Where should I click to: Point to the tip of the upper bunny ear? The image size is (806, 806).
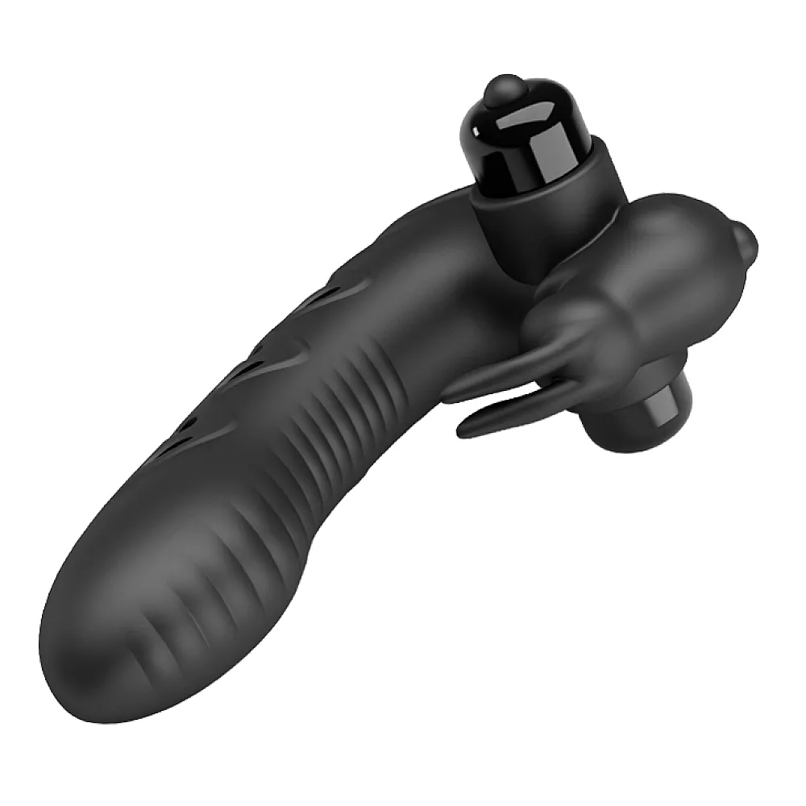[x=448, y=395]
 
